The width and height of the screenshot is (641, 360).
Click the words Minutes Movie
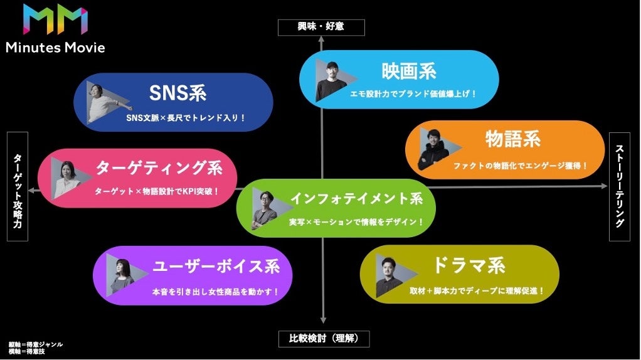click(55, 48)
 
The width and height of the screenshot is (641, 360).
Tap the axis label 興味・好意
click(321, 26)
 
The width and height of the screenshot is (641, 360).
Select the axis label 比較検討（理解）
click(324, 339)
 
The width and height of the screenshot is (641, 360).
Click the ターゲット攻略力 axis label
click(18, 186)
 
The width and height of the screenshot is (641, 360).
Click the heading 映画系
click(409, 71)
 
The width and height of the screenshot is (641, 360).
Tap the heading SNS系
click(177, 93)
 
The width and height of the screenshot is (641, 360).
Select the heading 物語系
click(512, 139)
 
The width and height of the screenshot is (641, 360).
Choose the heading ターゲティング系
click(159, 167)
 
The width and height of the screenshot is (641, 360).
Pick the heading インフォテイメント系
click(356, 198)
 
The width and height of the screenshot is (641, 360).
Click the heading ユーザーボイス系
click(216, 266)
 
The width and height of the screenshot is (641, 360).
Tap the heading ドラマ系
click(469, 265)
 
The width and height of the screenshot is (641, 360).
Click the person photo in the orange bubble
click(431, 150)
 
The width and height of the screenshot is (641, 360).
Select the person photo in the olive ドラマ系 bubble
click(389, 276)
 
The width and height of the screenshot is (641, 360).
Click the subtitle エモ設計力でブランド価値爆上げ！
click(413, 93)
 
